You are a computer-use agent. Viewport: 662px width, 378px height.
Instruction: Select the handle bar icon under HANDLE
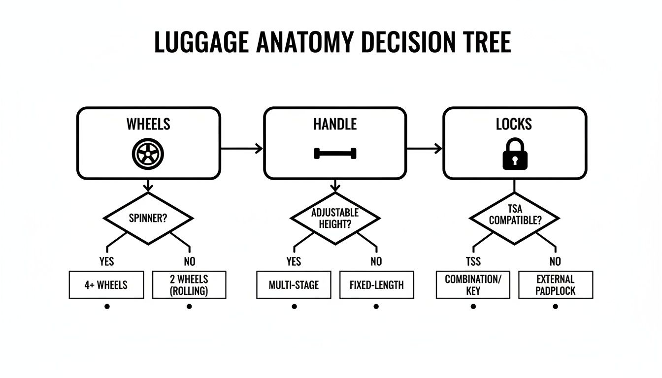click(335, 154)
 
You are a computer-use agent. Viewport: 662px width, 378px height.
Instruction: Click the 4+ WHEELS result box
click(106, 284)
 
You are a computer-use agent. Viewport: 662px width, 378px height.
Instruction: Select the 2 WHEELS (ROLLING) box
click(189, 284)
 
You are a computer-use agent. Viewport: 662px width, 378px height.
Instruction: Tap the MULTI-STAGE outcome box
click(294, 284)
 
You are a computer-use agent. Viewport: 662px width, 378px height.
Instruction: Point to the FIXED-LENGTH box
click(376, 284)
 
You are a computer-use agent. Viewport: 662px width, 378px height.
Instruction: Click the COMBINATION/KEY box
click(473, 284)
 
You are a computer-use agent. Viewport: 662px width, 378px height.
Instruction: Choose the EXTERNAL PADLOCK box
click(556, 284)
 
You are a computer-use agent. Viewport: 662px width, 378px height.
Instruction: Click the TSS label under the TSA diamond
click(473, 261)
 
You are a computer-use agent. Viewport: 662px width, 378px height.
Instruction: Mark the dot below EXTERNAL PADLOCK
click(556, 306)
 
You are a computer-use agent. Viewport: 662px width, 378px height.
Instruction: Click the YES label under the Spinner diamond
click(106, 261)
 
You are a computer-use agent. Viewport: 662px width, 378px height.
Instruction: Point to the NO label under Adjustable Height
click(376, 261)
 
